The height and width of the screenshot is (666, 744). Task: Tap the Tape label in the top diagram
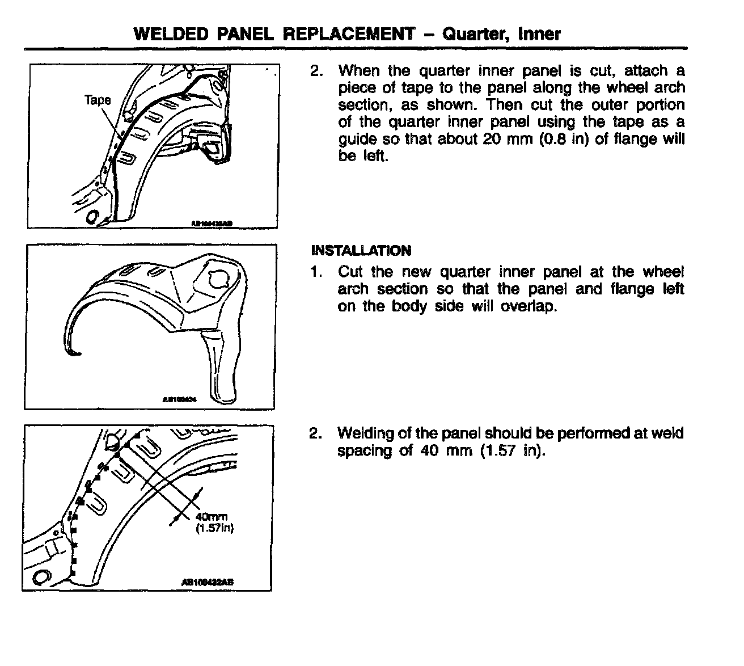[98, 100]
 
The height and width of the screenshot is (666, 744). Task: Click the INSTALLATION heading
[361, 251]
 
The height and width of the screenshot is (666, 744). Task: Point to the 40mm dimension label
[212, 517]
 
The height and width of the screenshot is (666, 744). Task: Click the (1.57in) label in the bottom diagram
[215, 528]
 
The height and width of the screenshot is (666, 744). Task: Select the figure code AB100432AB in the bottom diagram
[208, 581]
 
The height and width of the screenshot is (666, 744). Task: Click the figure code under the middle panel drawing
[179, 399]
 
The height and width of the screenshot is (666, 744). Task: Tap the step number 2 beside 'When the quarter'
[316, 71]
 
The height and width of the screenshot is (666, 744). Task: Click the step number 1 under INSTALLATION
[315, 272]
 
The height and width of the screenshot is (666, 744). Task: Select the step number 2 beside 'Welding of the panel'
[315, 434]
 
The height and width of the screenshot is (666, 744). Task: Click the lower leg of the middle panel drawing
[222, 369]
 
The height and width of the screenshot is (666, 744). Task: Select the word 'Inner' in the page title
[539, 34]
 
